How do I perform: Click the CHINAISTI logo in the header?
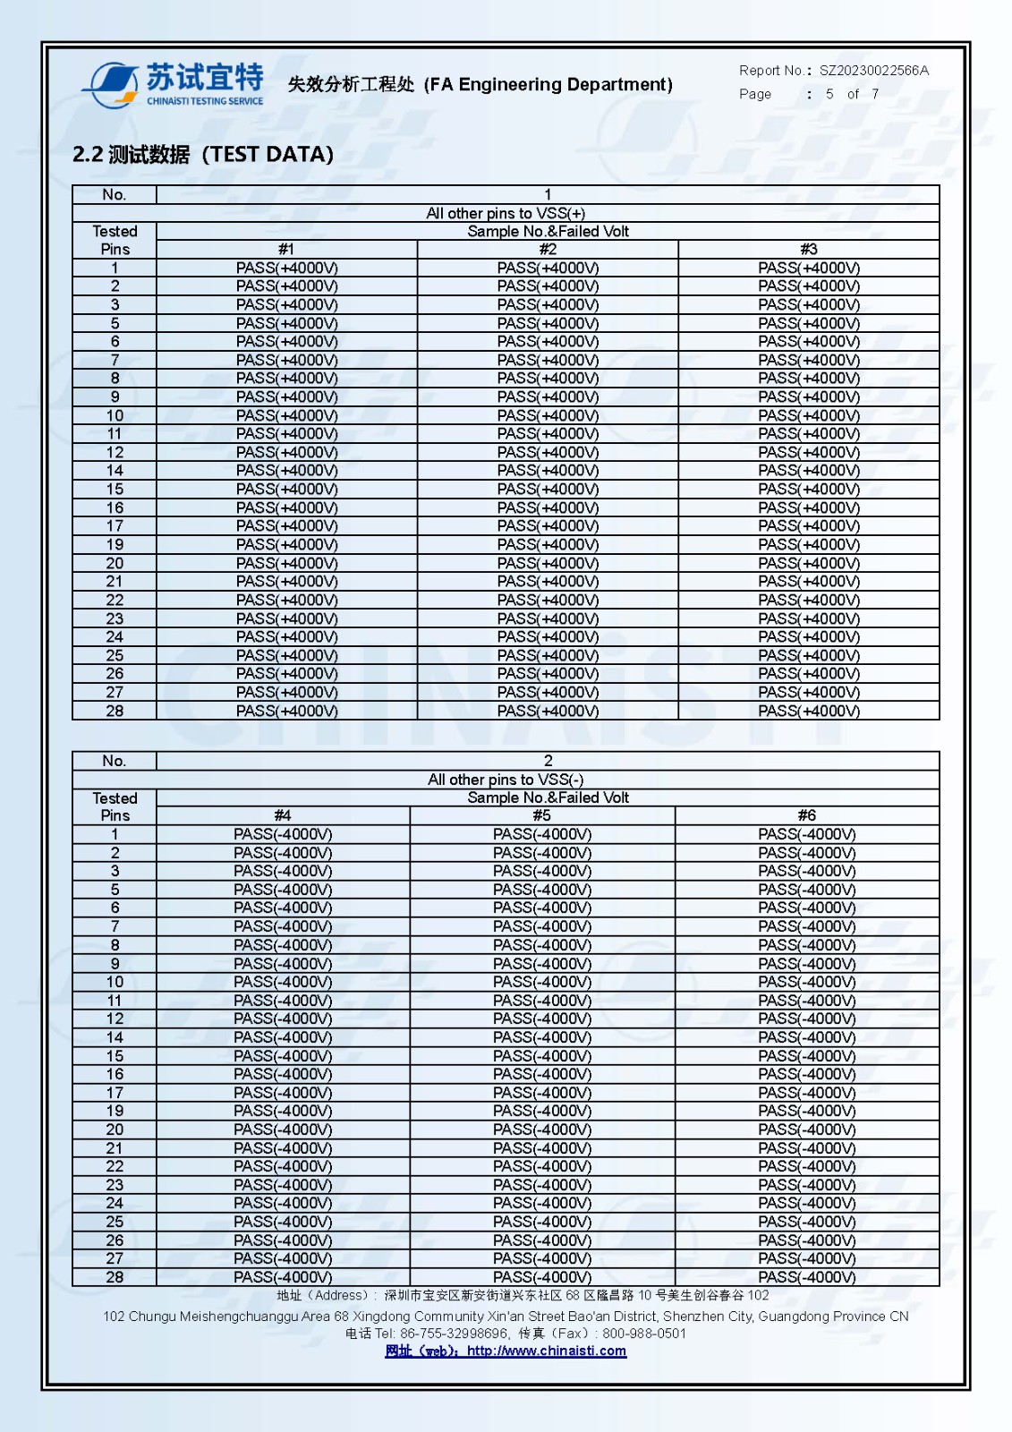click(x=174, y=84)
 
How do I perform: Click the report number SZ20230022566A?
click(x=873, y=70)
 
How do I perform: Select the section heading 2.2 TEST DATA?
click(x=203, y=155)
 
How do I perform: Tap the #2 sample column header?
click(x=548, y=250)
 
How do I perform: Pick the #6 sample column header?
click(x=807, y=815)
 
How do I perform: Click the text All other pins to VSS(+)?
click(x=506, y=213)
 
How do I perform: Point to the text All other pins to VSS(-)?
click(x=506, y=780)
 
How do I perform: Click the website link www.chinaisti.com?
click(x=546, y=1351)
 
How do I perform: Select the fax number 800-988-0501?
click(x=644, y=1334)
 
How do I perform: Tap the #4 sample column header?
click(x=283, y=815)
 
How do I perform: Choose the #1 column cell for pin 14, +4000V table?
click(x=287, y=471)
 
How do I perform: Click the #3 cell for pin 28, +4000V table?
click(x=809, y=711)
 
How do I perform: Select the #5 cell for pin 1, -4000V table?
click(x=542, y=834)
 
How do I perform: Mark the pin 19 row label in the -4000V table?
click(x=115, y=1111)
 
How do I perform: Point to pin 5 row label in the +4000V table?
click(x=115, y=323)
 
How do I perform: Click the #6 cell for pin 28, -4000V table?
click(x=807, y=1277)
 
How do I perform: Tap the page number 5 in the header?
click(x=829, y=94)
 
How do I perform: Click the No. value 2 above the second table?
click(x=548, y=761)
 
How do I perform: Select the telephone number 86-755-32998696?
click(x=454, y=1334)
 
